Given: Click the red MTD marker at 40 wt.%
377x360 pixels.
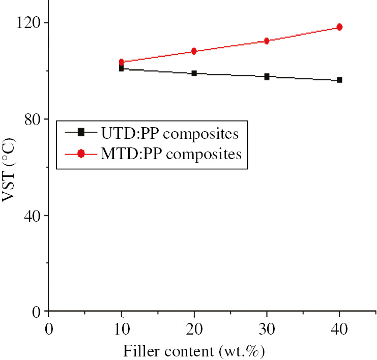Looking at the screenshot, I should pos(339,27).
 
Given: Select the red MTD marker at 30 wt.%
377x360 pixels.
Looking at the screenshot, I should pos(267,41).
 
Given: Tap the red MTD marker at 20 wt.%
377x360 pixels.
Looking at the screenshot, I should pos(194,51).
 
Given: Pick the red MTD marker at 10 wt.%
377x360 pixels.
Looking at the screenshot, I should pos(121,62).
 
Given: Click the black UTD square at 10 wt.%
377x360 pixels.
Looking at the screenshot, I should pos(121,68).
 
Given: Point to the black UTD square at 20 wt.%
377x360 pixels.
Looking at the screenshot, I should pos(194,73).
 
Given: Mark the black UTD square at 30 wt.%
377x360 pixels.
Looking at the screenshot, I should pos(267,77).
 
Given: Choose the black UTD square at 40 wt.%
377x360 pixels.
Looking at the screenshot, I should pos(339,80).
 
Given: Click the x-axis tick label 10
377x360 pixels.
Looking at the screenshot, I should pos(121,328).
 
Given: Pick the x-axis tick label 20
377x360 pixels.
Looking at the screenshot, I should pos(194,328).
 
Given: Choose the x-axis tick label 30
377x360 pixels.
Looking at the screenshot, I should pos(267,328).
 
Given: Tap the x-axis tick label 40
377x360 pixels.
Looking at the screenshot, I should pos(339,328).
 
